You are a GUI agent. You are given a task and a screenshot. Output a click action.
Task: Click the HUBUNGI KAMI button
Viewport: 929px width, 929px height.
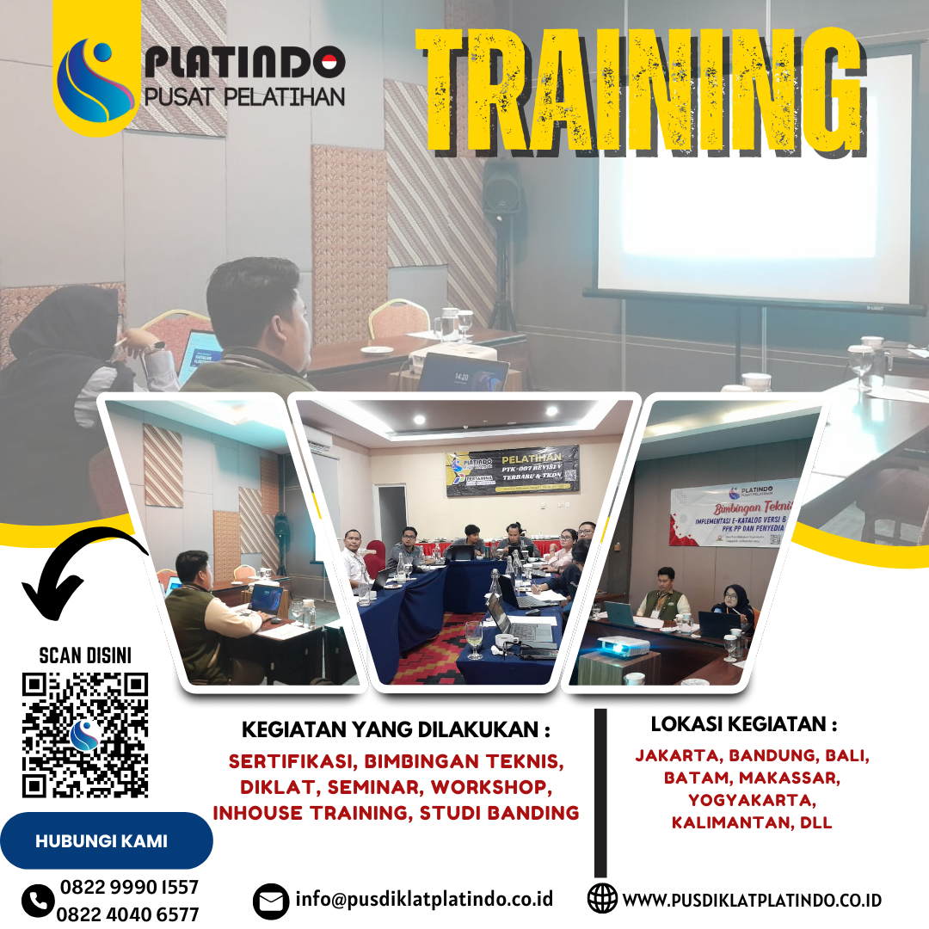[x=102, y=840]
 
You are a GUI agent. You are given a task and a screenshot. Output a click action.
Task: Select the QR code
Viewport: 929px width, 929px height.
[x=85, y=735]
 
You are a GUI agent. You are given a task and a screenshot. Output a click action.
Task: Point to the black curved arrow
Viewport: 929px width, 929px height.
[x=82, y=571]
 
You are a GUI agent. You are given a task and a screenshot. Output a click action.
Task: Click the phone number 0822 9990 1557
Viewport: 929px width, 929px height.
[x=129, y=888]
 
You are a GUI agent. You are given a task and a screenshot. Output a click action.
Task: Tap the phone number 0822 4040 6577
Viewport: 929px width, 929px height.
[x=128, y=914]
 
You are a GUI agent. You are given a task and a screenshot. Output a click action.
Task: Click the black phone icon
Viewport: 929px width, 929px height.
[x=38, y=901]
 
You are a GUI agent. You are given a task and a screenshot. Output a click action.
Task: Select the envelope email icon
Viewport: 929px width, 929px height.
[x=271, y=901]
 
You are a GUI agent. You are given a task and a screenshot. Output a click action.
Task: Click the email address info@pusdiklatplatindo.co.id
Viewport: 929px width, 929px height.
[x=424, y=899]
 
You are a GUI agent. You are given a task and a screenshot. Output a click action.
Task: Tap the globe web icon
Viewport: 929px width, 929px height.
[x=602, y=899]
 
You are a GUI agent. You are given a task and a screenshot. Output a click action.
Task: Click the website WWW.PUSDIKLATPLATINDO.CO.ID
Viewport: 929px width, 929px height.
[x=752, y=900]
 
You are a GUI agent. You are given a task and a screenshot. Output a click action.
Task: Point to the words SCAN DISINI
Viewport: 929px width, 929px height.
[x=85, y=656]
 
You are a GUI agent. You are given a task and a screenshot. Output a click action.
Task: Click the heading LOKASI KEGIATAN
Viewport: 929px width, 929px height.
[x=743, y=723]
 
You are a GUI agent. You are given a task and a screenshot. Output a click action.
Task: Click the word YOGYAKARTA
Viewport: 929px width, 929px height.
[x=752, y=800]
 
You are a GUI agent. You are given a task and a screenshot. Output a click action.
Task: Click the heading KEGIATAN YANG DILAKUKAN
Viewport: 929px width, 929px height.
[x=396, y=729]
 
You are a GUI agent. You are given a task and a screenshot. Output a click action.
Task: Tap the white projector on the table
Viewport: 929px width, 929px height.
[x=622, y=644]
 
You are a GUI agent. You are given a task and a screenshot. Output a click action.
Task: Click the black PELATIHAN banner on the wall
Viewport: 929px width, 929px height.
[x=513, y=470]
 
